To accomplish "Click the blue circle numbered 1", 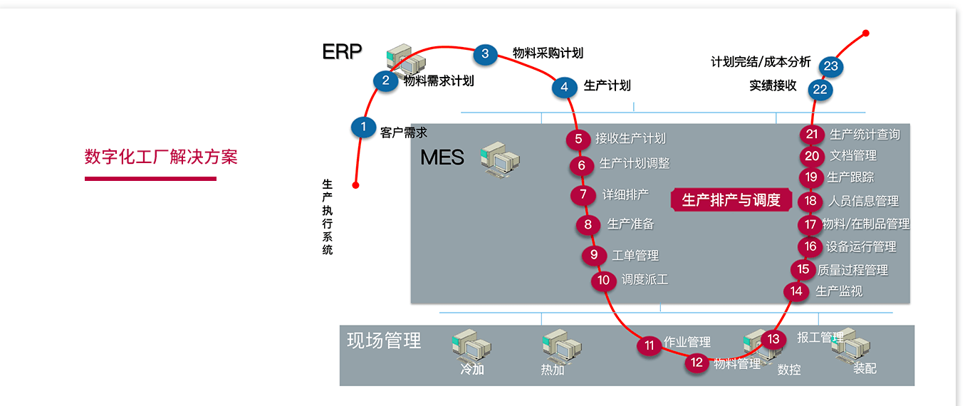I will (363, 127).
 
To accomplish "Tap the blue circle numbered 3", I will (485, 53).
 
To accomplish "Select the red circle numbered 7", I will (583, 194).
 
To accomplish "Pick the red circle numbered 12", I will (697, 363).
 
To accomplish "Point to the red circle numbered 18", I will (810, 201).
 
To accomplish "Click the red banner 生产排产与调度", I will (731, 200).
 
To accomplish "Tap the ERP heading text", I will (342, 52).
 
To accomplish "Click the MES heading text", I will (442, 157).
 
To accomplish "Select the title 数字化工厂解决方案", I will (161, 157).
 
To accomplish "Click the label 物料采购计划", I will (548, 53).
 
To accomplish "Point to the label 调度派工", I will (645, 280).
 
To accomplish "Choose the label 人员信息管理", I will (863, 201).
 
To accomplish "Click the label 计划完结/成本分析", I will (761, 62).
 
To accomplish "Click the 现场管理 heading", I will (384, 340).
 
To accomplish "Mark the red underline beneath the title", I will (150, 178).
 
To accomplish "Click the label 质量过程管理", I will (852, 270).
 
